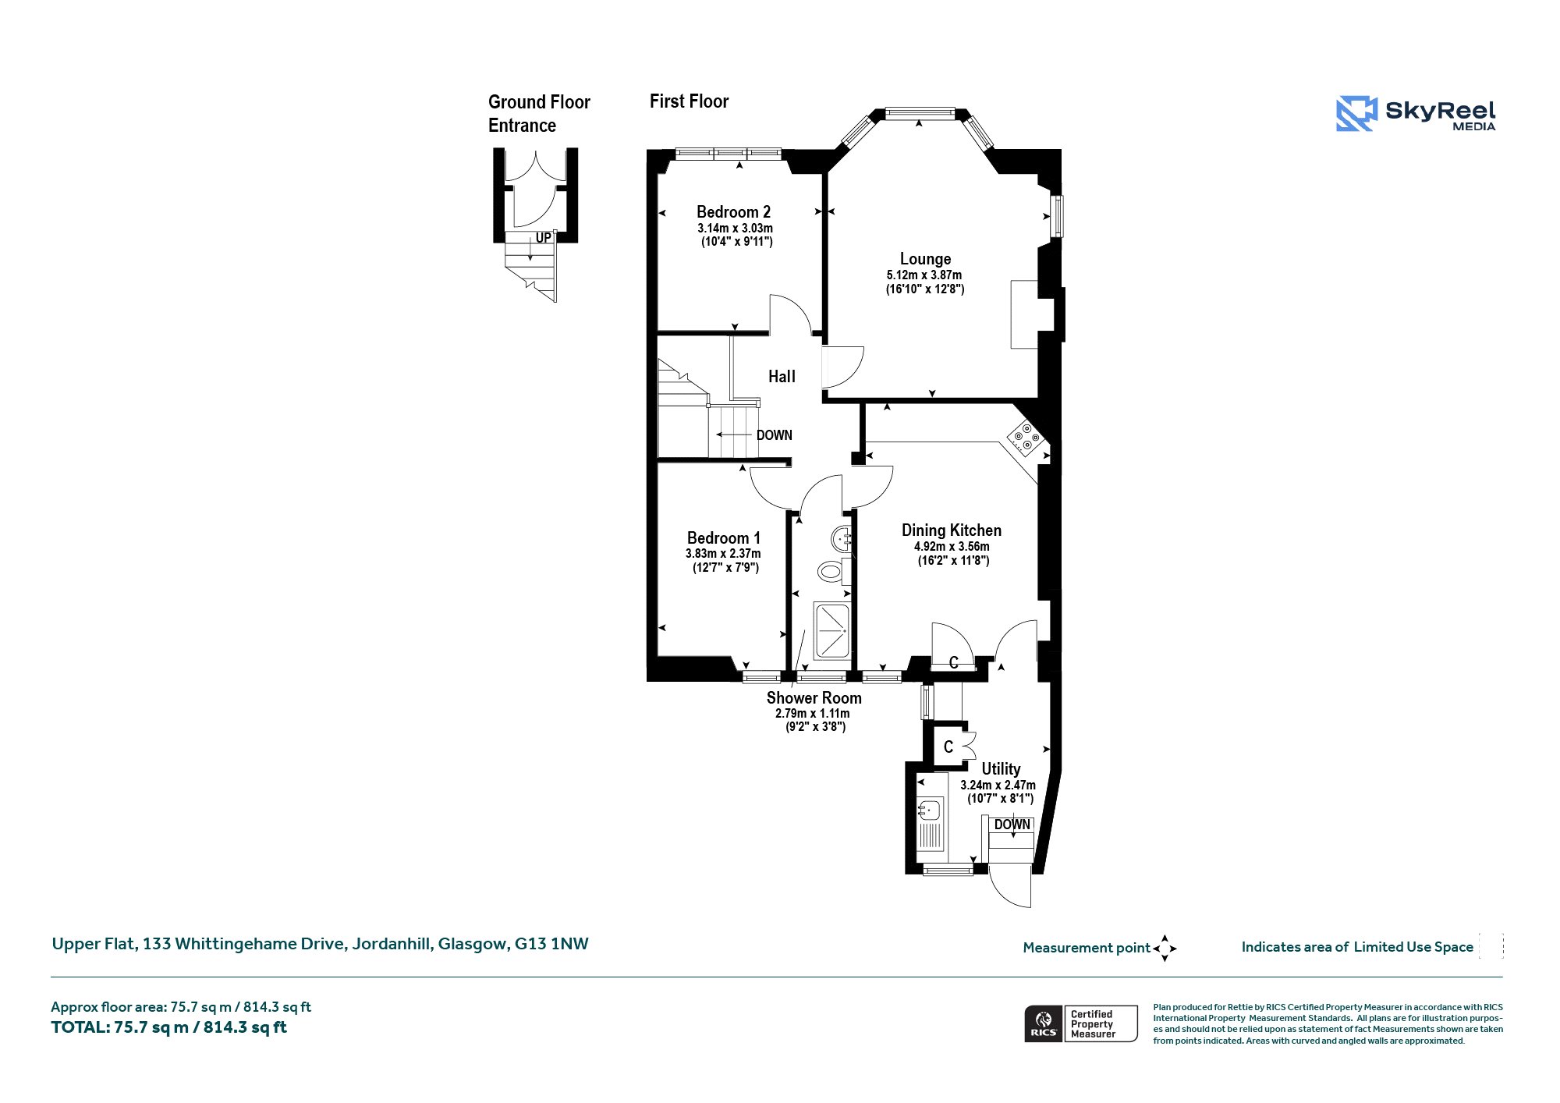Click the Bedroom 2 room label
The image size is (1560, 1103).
click(x=733, y=212)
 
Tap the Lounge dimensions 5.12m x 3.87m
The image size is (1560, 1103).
click(x=924, y=275)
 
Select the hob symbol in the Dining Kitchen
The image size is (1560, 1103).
click(x=1025, y=438)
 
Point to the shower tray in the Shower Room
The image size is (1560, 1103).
click(x=831, y=630)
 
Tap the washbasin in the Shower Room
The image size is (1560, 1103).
click(x=841, y=538)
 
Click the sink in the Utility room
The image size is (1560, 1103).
click(x=930, y=811)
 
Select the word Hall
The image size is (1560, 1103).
click(x=782, y=377)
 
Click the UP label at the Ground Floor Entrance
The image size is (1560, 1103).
click(x=543, y=238)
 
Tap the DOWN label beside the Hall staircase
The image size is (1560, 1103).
click(x=774, y=435)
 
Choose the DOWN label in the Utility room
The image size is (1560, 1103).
click(x=1012, y=825)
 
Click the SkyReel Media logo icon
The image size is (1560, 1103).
click(x=1356, y=114)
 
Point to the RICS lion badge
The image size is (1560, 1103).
click(x=1044, y=1023)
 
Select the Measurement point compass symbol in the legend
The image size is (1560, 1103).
click(x=1165, y=949)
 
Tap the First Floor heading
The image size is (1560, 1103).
click(x=689, y=101)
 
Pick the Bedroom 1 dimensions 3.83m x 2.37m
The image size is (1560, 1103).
click(x=723, y=554)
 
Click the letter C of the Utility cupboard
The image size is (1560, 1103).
click(x=948, y=747)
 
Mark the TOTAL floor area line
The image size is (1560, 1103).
click(x=168, y=1027)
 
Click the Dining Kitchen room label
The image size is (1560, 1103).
click(x=952, y=530)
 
